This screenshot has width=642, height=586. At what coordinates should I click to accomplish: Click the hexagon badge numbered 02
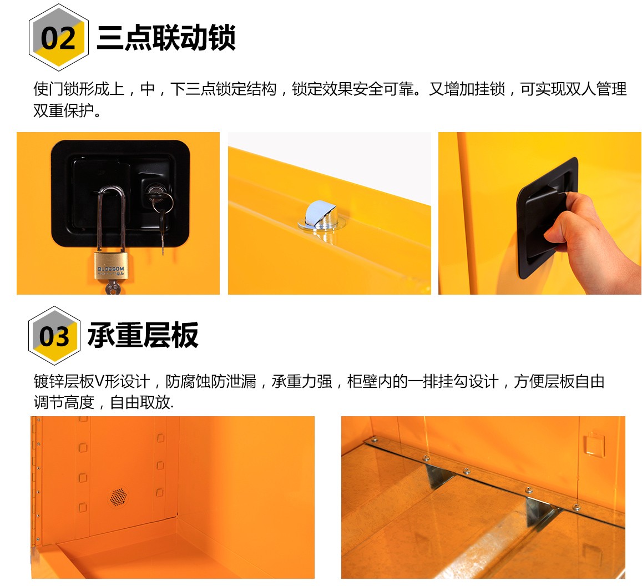pyautogui.click(x=59, y=37)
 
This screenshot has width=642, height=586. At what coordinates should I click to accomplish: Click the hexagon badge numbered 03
pyautogui.click(x=54, y=335)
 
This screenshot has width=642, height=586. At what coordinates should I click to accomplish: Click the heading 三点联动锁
pyautogui.click(x=166, y=37)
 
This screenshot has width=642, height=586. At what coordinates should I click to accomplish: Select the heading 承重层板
pyautogui.click(x=143, y=335)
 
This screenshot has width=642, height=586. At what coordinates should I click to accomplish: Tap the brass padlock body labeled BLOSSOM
pyautogui.click(x=111, y=266)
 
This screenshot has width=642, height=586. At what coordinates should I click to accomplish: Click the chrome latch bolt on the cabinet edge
pyautogui.click(x=321, y=216)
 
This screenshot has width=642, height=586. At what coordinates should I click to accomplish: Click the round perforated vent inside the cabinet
pyautogui.click(x=118, y=497)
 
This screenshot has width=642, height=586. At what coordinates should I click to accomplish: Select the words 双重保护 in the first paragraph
pyautogui.click(x=63, y=110)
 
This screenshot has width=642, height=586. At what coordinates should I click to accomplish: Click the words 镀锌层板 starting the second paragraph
pyautogui.click(x=64, y=381)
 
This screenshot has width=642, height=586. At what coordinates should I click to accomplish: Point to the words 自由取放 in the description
pyautogui.click(x=140, y=402)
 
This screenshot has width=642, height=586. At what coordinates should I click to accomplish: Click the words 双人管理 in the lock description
pyautogui.click(x=596, y=89)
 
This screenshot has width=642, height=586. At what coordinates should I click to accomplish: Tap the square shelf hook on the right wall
pyautogui.click(x=594, y=444)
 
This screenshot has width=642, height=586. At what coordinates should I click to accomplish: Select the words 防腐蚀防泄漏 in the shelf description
pyautogui.click(x=211, y=381)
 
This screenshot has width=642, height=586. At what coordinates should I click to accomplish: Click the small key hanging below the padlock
pyautogui.click(x=112, y=287)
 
